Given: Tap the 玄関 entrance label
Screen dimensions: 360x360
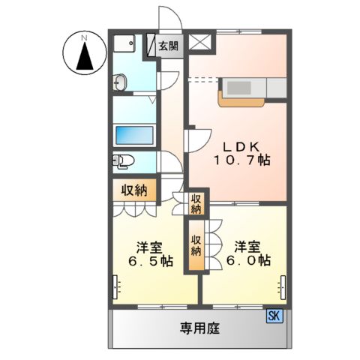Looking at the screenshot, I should [x=169, y=46].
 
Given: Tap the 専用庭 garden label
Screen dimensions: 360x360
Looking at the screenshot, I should [x=198, y=328].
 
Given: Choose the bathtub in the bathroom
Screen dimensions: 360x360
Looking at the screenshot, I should [x=135, y=135].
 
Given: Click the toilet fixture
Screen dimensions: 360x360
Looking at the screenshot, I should [x=122, y=160].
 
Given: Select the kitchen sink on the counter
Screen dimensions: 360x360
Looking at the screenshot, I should [x=241, y=88].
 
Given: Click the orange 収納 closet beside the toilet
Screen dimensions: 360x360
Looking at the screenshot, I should [x=134, y=190].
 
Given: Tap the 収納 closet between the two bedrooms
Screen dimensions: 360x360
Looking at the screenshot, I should [x=195, y=245].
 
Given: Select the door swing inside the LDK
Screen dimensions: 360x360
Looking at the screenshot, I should [x=198, y=139].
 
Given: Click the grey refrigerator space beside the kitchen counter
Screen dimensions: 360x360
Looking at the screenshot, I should [x=276, y=88].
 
